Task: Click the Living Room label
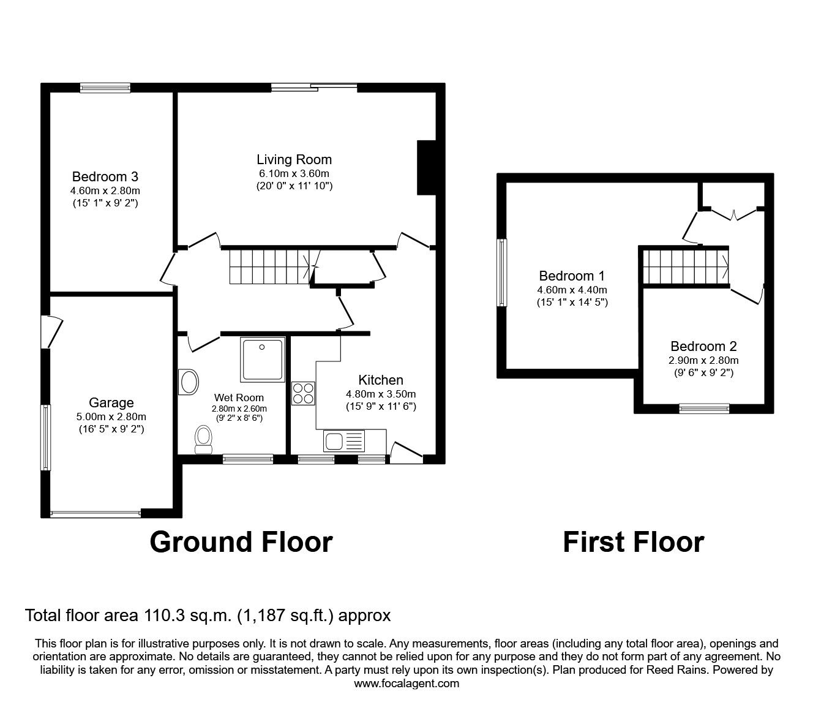[x=294, y=160]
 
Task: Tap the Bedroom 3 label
[x=105, y=177]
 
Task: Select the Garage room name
[x=111, y=403]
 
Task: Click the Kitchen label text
[x=380, y=380]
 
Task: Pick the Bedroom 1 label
[x=572, y=276]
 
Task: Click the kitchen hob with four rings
[x=303, y=393]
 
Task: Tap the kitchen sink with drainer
[x=343, y=440]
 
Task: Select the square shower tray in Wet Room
[x=263, y=358]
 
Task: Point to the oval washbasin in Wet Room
[x=189, y=382]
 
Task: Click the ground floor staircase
[x=269, y=267]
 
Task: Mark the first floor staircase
[x=684, y=266]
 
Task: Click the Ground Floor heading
[x=241, y=542]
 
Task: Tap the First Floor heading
[x=633, y=542]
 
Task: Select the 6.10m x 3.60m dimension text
[x=294, y=173]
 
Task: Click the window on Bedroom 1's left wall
[x=503, y=272]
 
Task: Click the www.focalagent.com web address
[x=406, y=684]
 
